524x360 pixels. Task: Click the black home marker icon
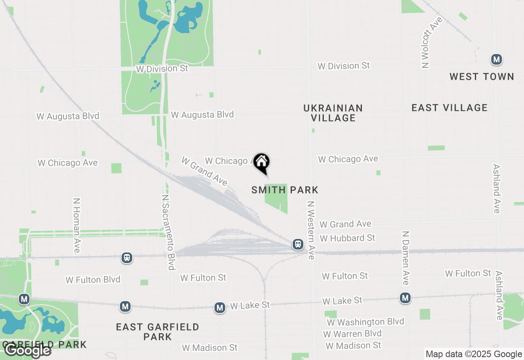tap(261, 162)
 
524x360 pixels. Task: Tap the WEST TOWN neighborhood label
tap(481, 76)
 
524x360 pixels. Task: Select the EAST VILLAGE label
tap(449, 108)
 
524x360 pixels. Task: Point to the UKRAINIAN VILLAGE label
tap(333, 113)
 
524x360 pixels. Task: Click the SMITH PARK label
tap(285, 190)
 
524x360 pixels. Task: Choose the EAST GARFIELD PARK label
tap(158, 332)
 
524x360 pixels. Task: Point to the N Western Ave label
tap(311, 230)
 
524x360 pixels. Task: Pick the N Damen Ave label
tap(405, 258)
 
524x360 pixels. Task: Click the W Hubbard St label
tap(348, 238)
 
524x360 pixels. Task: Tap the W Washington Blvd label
tap(365, 322)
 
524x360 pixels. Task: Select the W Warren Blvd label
tap(352, 334)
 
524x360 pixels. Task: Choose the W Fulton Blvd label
tap(93, 280)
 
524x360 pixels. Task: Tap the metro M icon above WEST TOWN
tap(497, 60)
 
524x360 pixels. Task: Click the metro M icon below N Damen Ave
tap(405, 298)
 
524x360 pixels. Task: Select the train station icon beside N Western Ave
tap(298, 245)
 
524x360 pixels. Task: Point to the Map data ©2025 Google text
tap(473, 354)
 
